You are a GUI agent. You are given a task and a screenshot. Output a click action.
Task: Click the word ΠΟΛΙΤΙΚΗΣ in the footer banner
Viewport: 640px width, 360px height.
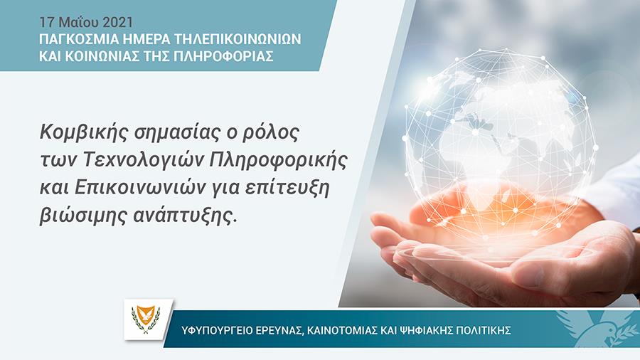486,332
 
